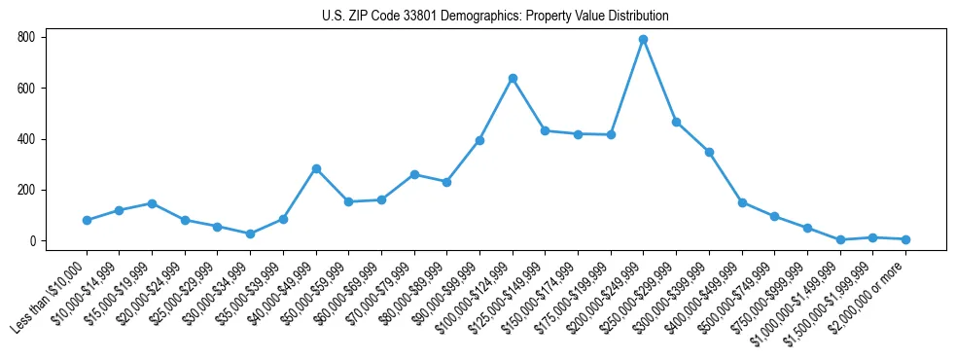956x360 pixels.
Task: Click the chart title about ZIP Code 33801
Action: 495,17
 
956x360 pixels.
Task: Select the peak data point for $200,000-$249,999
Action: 643,39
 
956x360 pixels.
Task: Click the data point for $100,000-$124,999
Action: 512,78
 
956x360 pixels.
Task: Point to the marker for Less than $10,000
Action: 87,220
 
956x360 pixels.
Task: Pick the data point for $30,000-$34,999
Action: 250,234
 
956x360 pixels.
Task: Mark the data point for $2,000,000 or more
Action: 905,239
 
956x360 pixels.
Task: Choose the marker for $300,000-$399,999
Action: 709,152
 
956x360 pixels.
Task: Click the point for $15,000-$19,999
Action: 152,203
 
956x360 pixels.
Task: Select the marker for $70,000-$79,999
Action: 413,174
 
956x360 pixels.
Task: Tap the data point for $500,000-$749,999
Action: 774,216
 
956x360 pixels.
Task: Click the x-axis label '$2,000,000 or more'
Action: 870,293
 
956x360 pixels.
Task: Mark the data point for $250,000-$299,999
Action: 676,122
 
